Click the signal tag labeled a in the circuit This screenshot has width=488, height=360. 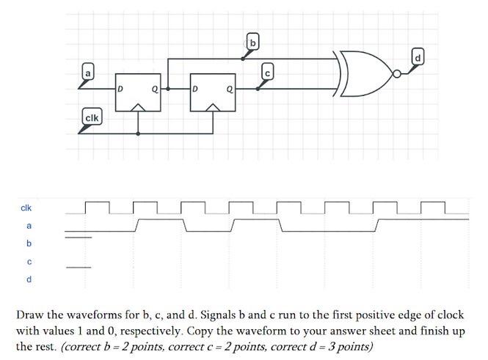[x=88, y=73]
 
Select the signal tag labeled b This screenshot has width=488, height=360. [x=252, y=43]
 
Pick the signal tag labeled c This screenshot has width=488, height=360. [x=268, y=72]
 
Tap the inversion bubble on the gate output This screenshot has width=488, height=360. [x=397, y=74]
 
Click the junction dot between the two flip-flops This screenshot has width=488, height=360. [x=168, y=88]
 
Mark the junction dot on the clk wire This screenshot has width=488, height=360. [x=138, y=133]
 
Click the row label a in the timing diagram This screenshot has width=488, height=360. [x=29, y=226]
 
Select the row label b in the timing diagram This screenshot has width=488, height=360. [x=29, y=243]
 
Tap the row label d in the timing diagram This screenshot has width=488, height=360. [x=29, y=279]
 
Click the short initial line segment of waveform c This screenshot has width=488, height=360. [x=79, y=267]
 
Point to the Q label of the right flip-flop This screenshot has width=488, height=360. [x=230, y=89]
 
